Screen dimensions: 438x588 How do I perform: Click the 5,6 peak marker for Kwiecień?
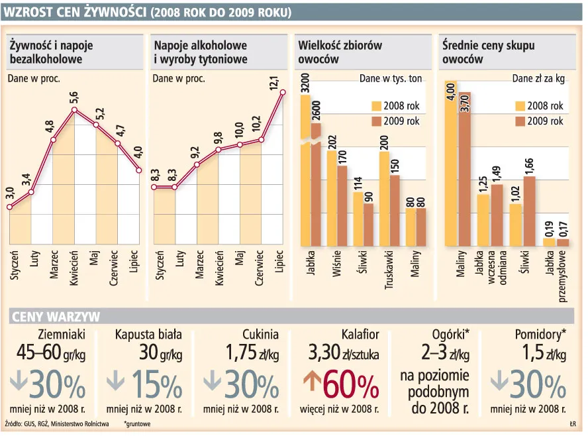75,110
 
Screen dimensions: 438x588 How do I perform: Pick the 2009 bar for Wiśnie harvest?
342,205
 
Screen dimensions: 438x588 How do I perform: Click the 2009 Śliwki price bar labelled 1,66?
530,210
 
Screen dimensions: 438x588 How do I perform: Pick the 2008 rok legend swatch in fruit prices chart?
520,106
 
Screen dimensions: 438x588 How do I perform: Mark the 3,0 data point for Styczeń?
9,207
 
